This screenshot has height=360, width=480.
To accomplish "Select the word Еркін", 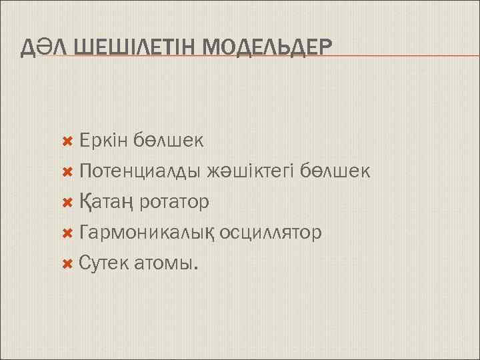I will pos(103,141).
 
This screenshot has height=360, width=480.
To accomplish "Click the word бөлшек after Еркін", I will pos(168,141).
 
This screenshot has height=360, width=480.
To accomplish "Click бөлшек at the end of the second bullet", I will pos(335,171).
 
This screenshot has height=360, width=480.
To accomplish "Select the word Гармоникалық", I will pos(146,233).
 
